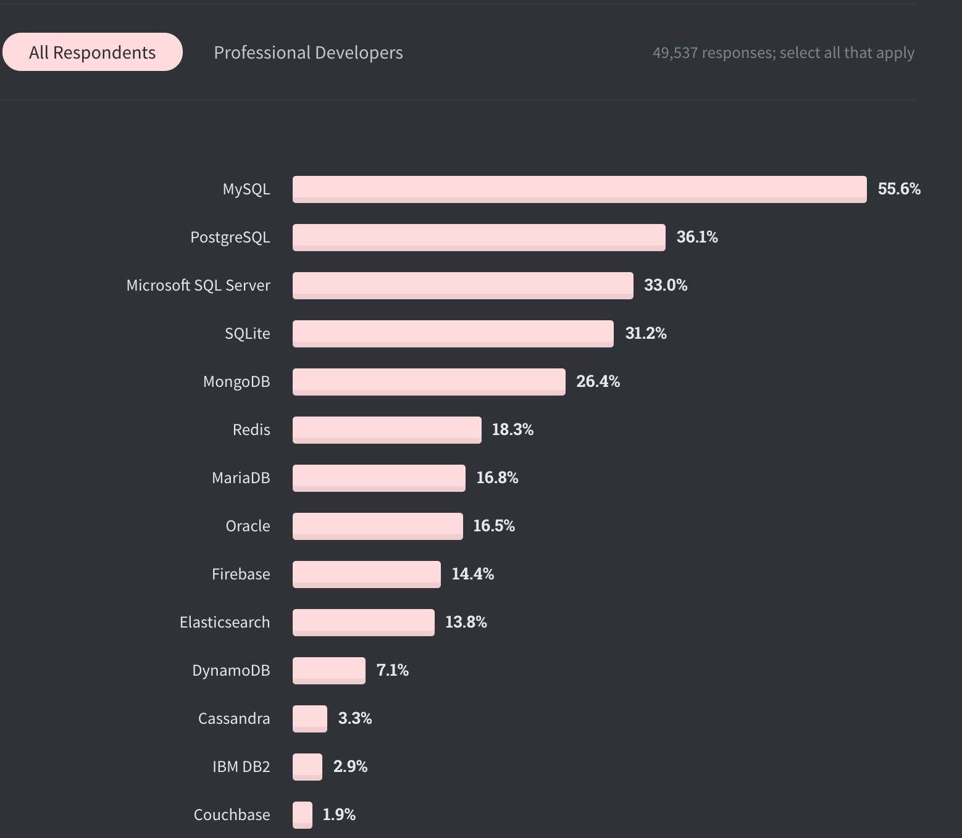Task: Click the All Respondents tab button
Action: click(93, 52)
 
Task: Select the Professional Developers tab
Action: click(308, 52)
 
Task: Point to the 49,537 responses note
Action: click(783, 53)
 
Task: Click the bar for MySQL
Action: click(579, 189)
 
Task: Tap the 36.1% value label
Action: click(697, 237)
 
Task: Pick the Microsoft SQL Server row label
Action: click(198, 285)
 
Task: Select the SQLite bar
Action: click(453, 333)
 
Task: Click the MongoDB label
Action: click(236, 381)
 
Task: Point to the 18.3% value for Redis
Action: click(512, 429)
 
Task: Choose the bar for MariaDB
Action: click(379, 478)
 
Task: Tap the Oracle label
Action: click(248, 526)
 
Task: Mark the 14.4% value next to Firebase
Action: click(472, 574)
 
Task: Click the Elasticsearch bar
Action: click(363, 622)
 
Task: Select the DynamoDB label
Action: click(231, 670)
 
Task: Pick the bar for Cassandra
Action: click(309, 718)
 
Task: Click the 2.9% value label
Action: click(350, 766)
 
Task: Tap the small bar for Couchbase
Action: click(302, 815)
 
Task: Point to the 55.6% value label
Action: click(899, 189)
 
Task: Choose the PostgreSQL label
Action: click(230, 237)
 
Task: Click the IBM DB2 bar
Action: click(307, 766)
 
